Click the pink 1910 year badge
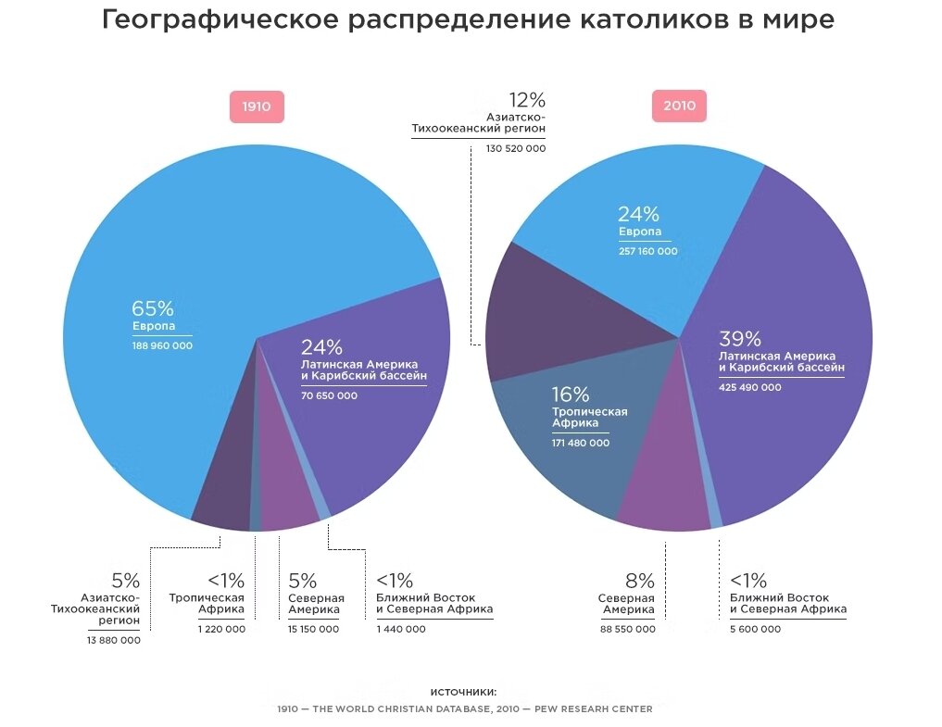click(x=257, y=107)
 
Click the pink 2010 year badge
click(x=679, y=107)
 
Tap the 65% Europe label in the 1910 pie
click(x=153, y=309)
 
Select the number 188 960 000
click(x=162, y=345)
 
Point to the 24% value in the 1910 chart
click(x=321, y=347)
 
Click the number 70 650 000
click(x=329, y=395)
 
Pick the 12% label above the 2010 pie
click(x=527, y=100)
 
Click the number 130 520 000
click(x=516, y=148)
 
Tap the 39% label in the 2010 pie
click(x=740, y=339)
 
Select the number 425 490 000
click(x=749, y=387)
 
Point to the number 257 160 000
click(x=647, y=251)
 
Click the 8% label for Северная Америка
click(x=639, y=581)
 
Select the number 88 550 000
click(x=627, y=629)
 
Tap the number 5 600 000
click(x=755, y=629)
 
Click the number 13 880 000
click(x=114, y=640)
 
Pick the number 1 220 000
click(x=221, y=629)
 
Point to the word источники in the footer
click(x=463, y=692)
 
